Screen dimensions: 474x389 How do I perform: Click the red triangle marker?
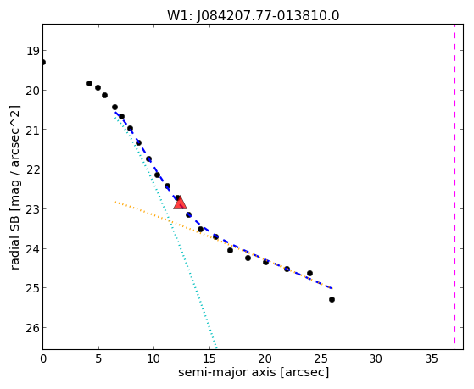point(180,203)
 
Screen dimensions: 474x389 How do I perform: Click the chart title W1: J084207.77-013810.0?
point(254,16)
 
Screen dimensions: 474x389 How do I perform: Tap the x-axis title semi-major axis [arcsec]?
point(254,372)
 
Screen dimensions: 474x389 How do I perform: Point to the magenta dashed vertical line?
point(454,184)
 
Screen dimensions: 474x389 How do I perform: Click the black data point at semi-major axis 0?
point(43,63)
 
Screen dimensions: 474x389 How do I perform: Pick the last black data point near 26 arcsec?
point(332,299)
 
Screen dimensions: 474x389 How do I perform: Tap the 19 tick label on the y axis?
point(32,51)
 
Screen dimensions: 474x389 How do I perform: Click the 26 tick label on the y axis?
point(32,328)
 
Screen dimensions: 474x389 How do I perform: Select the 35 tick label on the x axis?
point(432,358)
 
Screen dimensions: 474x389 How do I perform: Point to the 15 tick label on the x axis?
point(209,358)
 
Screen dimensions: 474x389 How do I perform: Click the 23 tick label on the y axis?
point(32,209)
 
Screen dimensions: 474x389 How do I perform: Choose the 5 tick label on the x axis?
point(98,358)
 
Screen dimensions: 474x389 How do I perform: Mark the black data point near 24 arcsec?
point(309,273)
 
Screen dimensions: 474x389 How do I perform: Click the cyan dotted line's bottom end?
point(216,348)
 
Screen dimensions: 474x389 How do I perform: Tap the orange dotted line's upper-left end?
point(115,202)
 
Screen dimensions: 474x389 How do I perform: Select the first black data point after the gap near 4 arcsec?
point(90,83)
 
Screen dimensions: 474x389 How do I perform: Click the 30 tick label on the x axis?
point(376,358)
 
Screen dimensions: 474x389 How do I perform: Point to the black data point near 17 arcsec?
point(230,250)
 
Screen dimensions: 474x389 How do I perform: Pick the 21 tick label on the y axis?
point(32,130)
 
